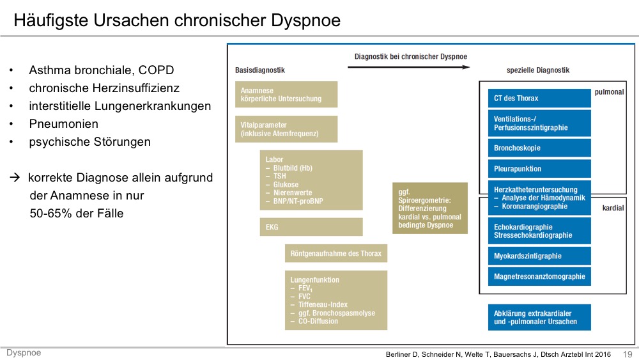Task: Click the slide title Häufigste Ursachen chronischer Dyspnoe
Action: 177,20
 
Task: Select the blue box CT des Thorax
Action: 539,98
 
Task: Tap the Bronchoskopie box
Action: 539,148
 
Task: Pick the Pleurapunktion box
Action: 539,169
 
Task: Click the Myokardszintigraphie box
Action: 539,256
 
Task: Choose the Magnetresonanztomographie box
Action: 539,276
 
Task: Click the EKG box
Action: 311,227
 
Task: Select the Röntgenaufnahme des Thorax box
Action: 336,253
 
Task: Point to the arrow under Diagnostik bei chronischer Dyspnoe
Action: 409,67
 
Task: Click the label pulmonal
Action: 609,92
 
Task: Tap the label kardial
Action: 613,208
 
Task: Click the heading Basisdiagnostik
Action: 259,70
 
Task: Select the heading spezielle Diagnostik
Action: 538,70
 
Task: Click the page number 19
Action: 627,354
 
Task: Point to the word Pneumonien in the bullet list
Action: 63,124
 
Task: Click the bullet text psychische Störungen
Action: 89,142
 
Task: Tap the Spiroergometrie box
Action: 430,208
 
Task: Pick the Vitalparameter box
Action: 286,129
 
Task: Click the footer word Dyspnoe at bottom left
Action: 24,353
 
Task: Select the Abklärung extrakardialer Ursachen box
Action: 539,317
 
